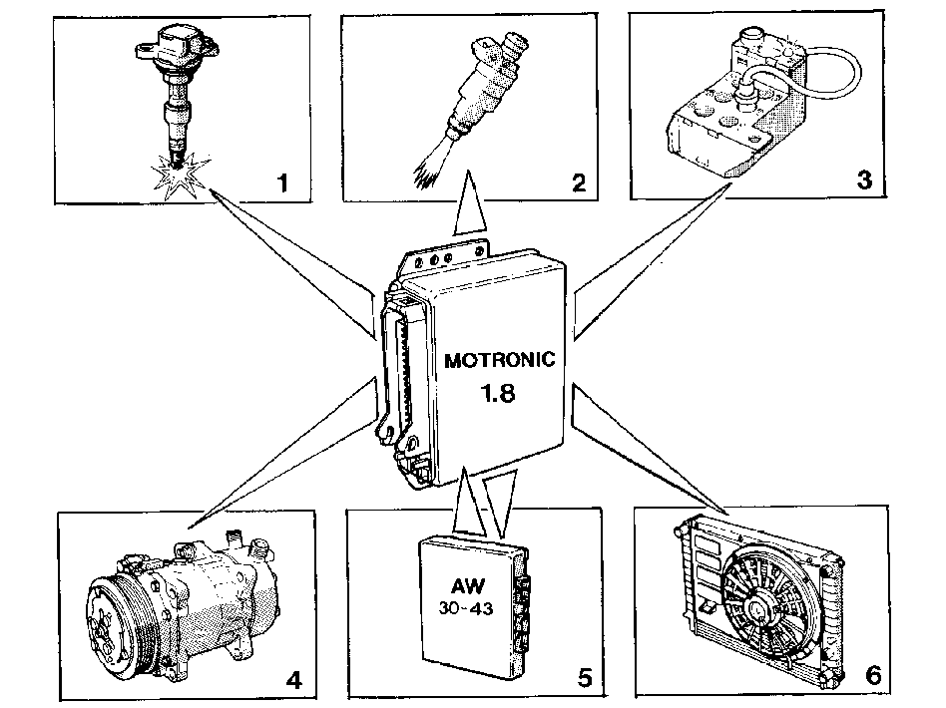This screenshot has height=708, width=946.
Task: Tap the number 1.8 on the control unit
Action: [497, 393]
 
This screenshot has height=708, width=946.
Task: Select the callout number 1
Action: [282, 182]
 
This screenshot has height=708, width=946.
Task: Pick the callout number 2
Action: [579, 182]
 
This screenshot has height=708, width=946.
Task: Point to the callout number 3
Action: [864, 179]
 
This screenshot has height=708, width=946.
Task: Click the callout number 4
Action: [293, 680]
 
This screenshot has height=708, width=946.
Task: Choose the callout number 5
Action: [585, 678]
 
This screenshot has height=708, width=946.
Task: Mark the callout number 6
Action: [873, 675]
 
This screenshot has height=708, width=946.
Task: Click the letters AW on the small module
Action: [467, 585]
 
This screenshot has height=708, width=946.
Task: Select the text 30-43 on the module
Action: [466, 608]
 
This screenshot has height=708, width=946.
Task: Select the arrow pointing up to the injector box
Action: [469, 202]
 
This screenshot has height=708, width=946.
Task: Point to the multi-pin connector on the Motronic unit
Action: [399, 374]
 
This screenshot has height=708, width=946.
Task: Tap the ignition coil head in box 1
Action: [177, 47]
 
